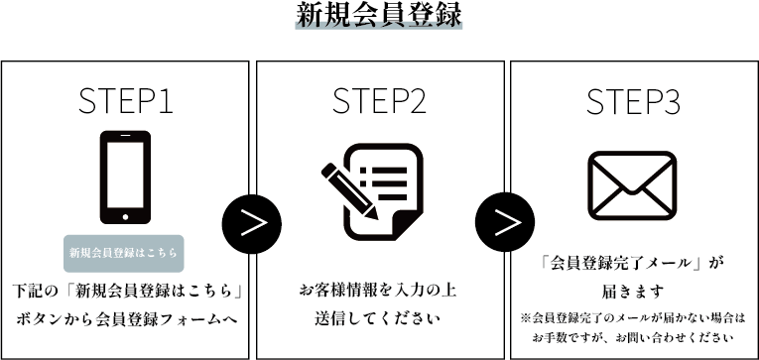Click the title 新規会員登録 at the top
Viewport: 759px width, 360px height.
click(379, 16)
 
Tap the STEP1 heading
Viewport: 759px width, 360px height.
click(125, 101)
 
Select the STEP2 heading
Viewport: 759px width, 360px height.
click(379, 101)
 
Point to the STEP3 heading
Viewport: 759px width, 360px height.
click(633, 101)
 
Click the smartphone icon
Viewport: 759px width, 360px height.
click(125, 178)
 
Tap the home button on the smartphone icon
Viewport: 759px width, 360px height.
click(125, 217)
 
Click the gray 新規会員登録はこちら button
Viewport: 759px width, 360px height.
click(124, 253)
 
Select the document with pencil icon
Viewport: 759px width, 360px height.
click(372, 191)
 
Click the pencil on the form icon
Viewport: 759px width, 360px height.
click(348, 191)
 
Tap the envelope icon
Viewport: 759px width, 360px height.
click(632, 185)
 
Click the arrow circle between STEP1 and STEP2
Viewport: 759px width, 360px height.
click(252, 224)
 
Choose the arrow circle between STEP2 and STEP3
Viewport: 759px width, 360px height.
click(505, 222)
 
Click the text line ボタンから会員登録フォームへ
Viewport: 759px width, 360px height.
click(128, 319)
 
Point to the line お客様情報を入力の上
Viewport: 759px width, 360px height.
click(378, 292)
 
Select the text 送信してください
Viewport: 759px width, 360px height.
click(378, 319)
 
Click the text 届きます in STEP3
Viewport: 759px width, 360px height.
click(632, 292)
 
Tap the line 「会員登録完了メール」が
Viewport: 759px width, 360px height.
click(631, 264)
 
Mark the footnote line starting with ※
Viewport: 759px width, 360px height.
click(632, 319)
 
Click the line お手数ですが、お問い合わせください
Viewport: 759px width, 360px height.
click(632, 338)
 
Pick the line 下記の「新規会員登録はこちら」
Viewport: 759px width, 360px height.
click(127, 292)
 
